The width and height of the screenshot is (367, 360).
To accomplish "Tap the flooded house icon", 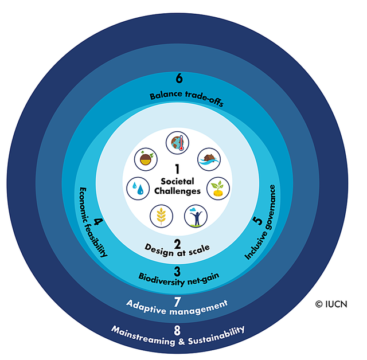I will pos(209,160).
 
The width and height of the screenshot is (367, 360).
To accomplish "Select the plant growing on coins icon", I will pos(218,187).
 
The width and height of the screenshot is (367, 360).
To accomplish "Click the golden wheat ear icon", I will pos(161,216).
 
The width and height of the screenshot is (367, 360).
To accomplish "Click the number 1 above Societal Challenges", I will pos(178,170).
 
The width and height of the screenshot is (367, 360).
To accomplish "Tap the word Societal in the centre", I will pos(178,181).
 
